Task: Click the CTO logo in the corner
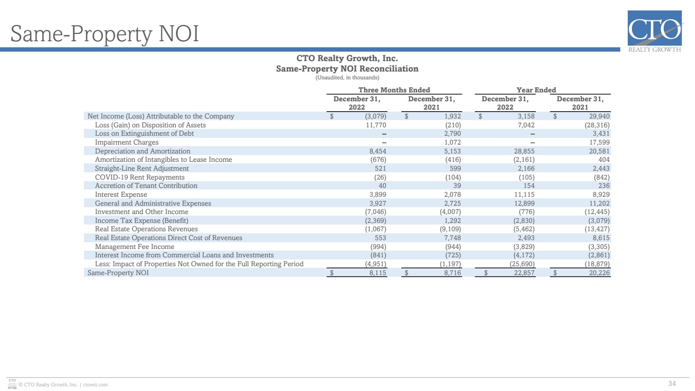(655, 31)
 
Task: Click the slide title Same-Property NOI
(105, 34)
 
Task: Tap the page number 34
(672, 383)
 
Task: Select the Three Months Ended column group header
(394, 90)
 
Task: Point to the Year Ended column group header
(536, 90)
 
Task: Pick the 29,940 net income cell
(600, 116)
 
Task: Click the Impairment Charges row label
(127, 142)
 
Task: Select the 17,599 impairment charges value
(600, 142)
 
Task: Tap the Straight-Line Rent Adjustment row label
(142, 168)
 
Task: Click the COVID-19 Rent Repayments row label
(140, 177)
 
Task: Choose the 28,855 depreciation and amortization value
(525, 151)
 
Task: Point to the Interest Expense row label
(121, 194)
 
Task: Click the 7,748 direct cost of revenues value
(453, 238)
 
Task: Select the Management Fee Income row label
(135, 246)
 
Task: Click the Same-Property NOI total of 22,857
(525, 272)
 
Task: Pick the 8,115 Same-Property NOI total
(377, 272)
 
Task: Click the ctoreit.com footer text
(95, 385)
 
